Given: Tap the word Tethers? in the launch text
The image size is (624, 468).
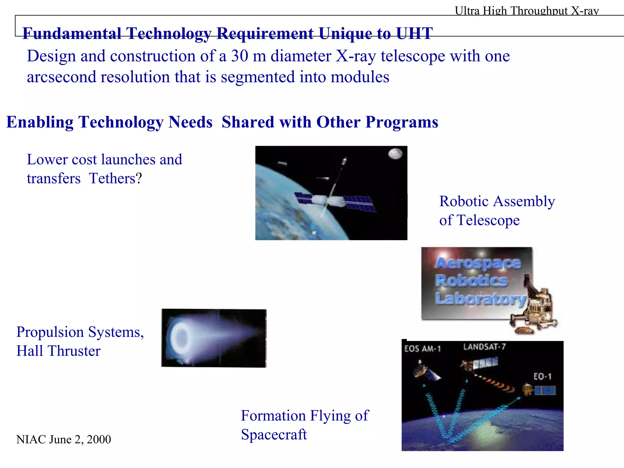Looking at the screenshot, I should [x=115, y=178].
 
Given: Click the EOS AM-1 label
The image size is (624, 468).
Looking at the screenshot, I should [x=422, y=349].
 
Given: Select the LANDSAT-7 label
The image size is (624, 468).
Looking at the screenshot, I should [x=484, y=347].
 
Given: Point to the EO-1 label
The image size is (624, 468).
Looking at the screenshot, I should [x=542, y=376].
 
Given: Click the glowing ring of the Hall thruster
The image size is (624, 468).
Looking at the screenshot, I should [x=182, y=337].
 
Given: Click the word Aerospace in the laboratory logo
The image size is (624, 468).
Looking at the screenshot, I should [x=478, y=263].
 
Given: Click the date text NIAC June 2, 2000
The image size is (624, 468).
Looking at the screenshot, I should [x=63, y=440].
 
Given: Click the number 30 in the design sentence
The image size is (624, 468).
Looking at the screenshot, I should [x=239, y=56].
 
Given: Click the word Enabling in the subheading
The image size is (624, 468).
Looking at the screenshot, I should [x=40, y=122].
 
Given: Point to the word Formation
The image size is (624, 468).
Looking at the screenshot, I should [x=273, y=416].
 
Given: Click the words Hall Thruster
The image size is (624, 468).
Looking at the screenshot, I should [x=58, y=351].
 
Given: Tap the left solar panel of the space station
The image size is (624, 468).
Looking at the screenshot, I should [x=303, y=198].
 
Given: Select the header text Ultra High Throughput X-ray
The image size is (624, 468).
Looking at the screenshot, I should [x=526, y=11].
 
